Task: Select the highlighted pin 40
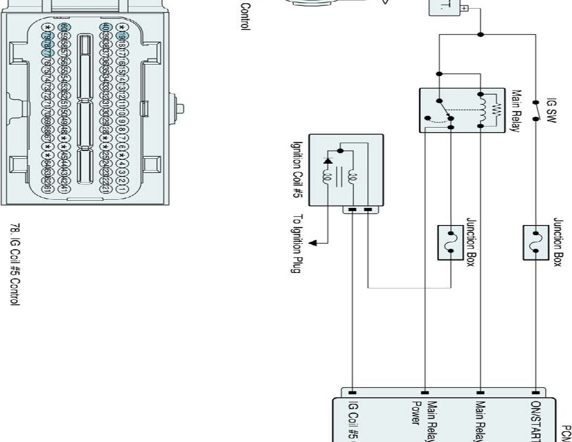point(104,27)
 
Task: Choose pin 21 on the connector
point(104,190)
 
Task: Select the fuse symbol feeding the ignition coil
point(451,243)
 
